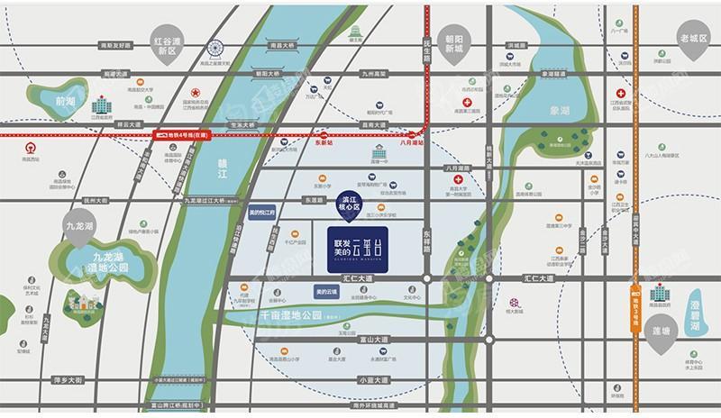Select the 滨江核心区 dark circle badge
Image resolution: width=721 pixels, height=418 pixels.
348,203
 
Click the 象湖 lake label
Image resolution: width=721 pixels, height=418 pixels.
560,108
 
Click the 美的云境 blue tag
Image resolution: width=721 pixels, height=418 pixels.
328,293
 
